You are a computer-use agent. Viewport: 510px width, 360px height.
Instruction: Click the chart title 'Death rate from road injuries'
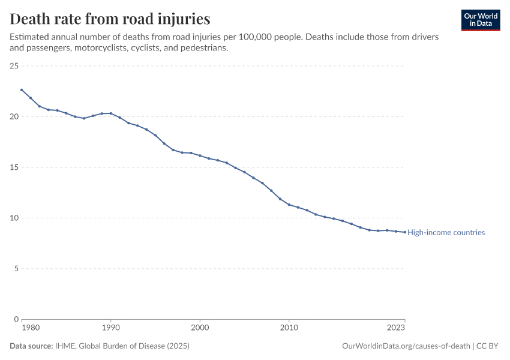(110, 19)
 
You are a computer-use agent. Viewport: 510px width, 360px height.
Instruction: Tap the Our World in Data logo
(481, 20)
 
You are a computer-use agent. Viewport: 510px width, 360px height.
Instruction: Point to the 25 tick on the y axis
(14, 66)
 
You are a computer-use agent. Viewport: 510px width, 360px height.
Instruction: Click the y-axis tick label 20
(14, 116)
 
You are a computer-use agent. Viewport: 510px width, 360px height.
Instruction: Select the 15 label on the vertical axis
(14, 167)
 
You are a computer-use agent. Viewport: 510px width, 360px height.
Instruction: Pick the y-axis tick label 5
(16, 269)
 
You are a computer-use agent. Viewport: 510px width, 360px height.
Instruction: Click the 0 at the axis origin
(16, 319)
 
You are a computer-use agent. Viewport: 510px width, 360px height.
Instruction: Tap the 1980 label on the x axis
(31, 328)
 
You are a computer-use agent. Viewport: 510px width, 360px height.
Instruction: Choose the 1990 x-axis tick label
(111, 328)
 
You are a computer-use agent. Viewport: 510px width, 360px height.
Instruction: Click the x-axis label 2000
(200, 328)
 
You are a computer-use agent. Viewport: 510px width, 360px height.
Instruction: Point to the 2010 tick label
(289, 328)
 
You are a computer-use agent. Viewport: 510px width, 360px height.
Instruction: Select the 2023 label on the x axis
(396, 328)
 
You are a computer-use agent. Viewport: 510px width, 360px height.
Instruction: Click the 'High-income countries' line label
(446, 233)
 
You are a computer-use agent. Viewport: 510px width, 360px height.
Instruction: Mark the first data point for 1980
(22, 90)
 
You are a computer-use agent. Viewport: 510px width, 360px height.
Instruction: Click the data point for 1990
(111, 113)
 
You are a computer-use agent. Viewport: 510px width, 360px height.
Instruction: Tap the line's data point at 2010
(289, 205)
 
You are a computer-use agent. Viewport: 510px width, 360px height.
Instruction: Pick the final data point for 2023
(404, 232)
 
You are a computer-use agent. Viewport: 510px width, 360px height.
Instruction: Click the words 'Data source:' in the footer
(31, 346)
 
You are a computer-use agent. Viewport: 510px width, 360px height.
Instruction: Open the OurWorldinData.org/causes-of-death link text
(406, 346)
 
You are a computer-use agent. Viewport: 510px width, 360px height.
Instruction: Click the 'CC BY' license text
(487, 346)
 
